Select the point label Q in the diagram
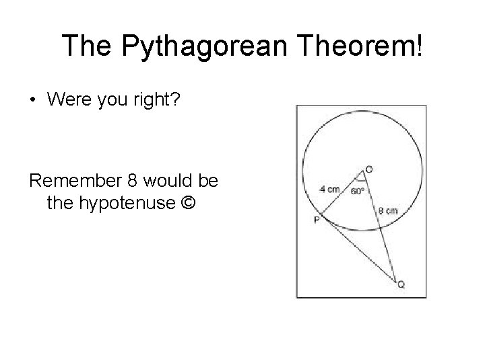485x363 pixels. (x=401, y=285)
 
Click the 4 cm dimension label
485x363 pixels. (x=329, y=190)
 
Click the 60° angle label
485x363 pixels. (x=358, y=192)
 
